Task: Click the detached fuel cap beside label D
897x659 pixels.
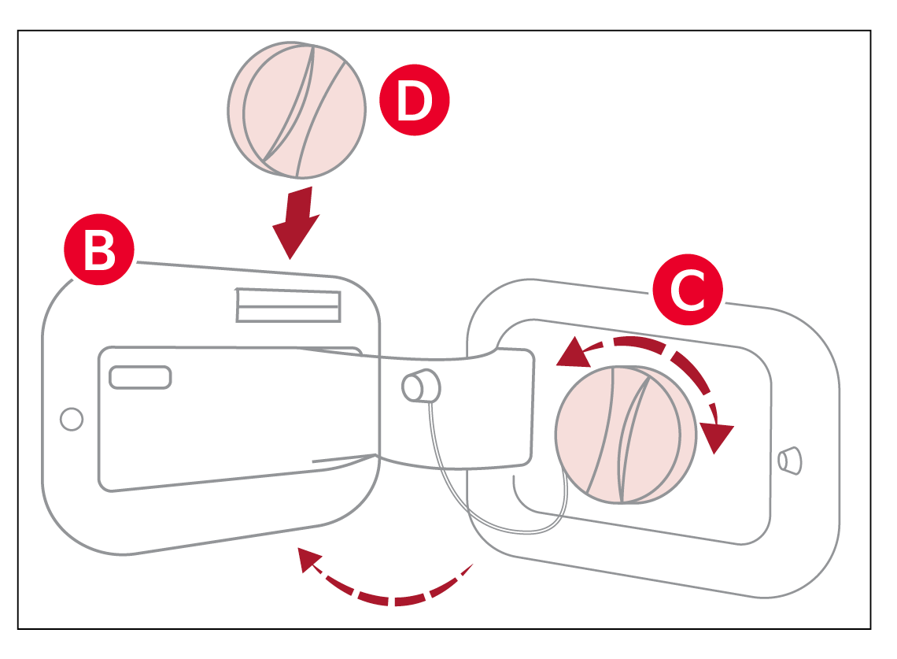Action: tap(297, 109)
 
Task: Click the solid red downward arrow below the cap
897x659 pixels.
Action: tap(296, 223)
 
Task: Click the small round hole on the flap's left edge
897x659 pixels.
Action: tap(72, 419)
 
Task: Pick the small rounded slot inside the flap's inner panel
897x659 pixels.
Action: tap(140, 377)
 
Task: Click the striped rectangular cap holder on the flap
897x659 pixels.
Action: tap(289, 305)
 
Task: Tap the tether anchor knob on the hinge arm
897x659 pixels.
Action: tap(420, 386)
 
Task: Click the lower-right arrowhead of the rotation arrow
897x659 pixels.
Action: tap(717, 438)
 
